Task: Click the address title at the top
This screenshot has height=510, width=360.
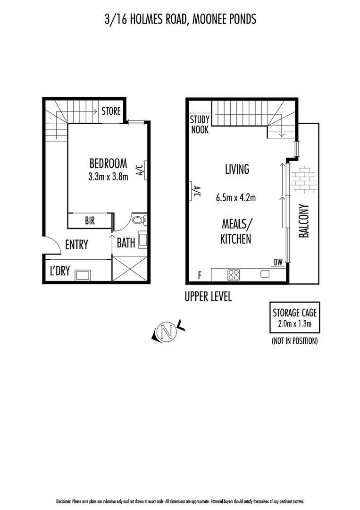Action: click(180, 19)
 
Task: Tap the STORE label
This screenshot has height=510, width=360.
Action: click(111, 112)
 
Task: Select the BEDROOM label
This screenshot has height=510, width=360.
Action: click(108, 163)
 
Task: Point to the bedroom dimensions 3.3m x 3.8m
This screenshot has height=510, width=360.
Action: click(108, 177)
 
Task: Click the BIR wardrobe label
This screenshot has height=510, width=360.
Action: click(90, 221)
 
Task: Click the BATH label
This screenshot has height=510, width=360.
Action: click(126, 243)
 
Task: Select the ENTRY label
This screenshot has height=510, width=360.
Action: click(76, 245)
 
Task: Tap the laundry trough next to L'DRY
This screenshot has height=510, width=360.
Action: click(84, 275)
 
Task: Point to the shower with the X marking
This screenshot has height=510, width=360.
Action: click(130, 269)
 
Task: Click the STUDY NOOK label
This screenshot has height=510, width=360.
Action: click(199, 125)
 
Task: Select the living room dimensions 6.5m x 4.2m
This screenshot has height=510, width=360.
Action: click(236, 198)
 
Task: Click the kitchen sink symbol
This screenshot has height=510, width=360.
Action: click(265, 274)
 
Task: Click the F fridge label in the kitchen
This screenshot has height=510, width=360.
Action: click(200, 274)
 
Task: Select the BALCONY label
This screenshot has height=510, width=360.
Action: click(303, 221)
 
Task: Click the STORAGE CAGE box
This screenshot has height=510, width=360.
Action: click(294, 317)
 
